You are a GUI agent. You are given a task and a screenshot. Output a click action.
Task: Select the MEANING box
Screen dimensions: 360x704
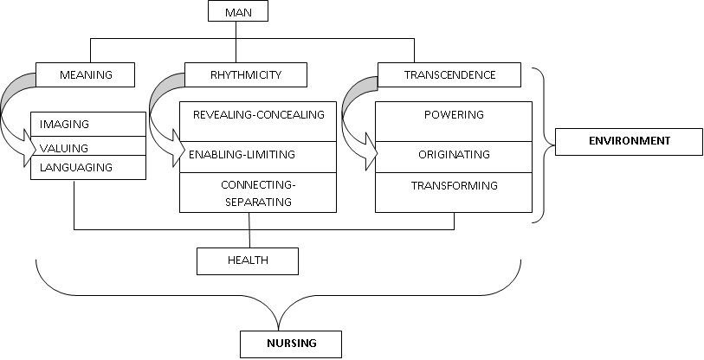(x=86, y=75)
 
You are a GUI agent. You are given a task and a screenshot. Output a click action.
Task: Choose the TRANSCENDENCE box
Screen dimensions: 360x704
(x=449, y=75)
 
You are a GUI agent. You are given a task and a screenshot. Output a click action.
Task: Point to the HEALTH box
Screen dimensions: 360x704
(x=247, y=260)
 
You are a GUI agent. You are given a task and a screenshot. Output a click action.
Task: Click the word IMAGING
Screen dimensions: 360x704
(x=65, y=125)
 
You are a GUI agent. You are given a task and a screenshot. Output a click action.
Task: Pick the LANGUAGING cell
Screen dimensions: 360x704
(x=76, y=168)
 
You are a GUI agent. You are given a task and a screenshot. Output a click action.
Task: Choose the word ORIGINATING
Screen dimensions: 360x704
(x=455, y=155)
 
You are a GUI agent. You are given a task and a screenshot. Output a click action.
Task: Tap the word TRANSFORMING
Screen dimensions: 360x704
(x=455, y=185)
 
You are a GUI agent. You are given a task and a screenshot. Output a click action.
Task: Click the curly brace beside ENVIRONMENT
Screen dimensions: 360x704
(x=544, y=143)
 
